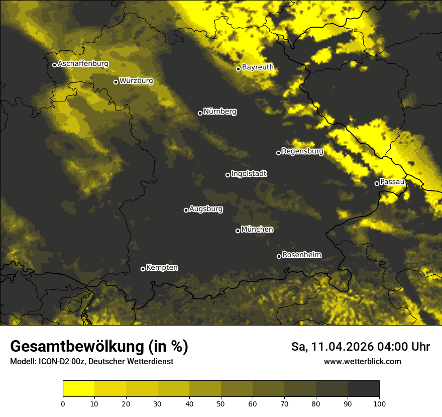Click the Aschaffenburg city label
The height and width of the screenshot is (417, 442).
(x=83, y=64)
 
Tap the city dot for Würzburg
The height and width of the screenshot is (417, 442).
(x=116, y=82)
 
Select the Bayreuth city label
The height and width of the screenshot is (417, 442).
(x=258, y=67)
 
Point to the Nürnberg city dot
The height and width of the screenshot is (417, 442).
(x=200, y=113)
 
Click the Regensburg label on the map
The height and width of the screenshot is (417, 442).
(x=302, y=151)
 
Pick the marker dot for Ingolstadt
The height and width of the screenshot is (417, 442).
(x=228, y=175)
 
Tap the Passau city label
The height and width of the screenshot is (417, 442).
(x=392, y=181)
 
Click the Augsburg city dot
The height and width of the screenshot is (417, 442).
(x=186, y=210)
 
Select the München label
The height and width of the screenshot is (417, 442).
(x=257, y=229)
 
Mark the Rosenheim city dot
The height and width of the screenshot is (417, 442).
(x=279, y=256)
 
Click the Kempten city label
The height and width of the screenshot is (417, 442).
(x=162, y=267)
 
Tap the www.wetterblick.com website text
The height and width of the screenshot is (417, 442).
(x=362, y=361)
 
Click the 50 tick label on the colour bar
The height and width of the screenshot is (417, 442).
(x=221, y=403)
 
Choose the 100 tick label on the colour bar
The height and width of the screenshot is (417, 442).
(x=379, y=403)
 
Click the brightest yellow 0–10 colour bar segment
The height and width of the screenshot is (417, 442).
(x=79, y=389)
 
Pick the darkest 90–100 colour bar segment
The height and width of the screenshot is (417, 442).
(x=363, y=389)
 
